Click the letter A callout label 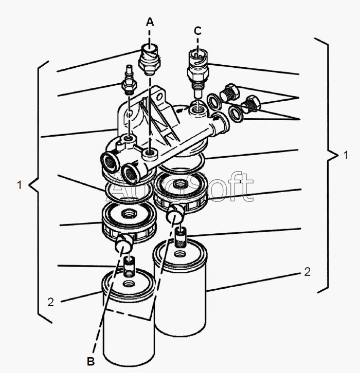[x=150, y=22]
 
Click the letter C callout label [x=197, y=31]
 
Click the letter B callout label [x=91, y=361]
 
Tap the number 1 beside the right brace [x=346, y=155]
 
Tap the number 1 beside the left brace [x=20, y=185]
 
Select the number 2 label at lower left [x=51, y=302]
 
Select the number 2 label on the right [x=308, y=272]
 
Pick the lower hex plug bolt [x=251, y=103]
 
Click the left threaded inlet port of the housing [x=110, y=162]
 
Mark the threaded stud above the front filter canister [x=129, y=267]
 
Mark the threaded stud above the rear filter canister [x=181, y=237]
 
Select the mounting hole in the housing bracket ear [x=159, y=97]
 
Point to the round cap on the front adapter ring [x=123, y=244]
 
